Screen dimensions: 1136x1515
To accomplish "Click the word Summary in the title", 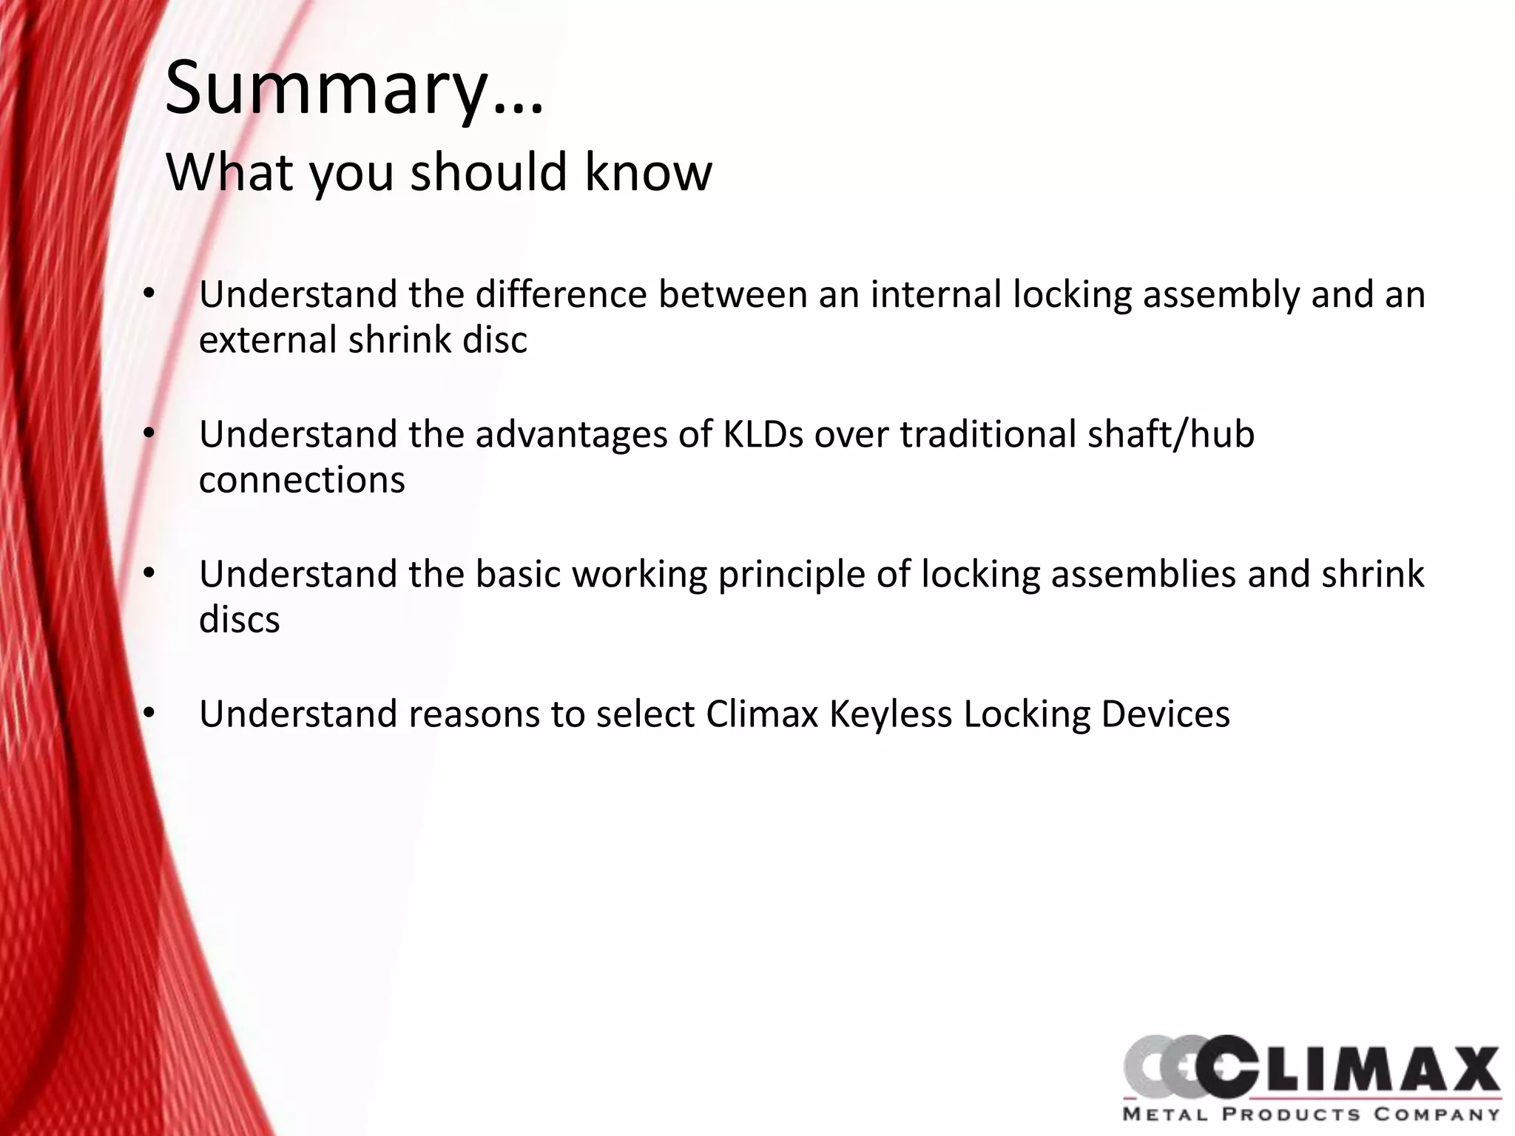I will click(325, 90).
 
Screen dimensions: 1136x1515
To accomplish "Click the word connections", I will click(302, 480).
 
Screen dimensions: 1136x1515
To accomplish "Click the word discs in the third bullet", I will click(239, 620).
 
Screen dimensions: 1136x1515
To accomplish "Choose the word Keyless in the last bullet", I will click(891, 714).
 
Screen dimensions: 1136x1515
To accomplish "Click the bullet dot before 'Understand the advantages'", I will click(149, 435).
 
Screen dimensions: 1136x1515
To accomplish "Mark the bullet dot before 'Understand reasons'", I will click(149, 714).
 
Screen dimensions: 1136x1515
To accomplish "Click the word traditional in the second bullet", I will click(988, 434).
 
